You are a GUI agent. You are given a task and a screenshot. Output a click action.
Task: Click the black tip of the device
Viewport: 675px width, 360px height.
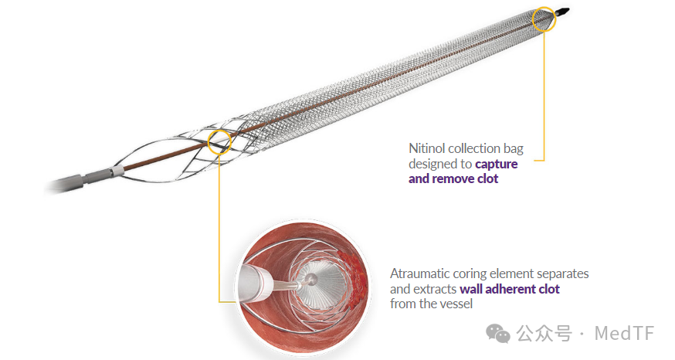[x=561, y=12]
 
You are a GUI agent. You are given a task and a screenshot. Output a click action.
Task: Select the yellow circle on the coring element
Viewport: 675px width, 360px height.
[x=209, y=142]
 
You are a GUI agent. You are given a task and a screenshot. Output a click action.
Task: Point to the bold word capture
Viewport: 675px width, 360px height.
[x=497, y=164]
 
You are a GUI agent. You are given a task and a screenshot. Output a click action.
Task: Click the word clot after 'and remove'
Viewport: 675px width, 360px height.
[x=487, y=178]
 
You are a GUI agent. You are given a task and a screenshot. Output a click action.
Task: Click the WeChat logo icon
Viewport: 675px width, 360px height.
[x=497, y=334]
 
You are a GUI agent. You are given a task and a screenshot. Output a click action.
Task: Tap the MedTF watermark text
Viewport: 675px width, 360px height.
[x=624, y=333]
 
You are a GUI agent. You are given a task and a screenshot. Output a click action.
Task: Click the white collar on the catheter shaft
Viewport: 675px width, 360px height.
[x=117, y=171]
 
